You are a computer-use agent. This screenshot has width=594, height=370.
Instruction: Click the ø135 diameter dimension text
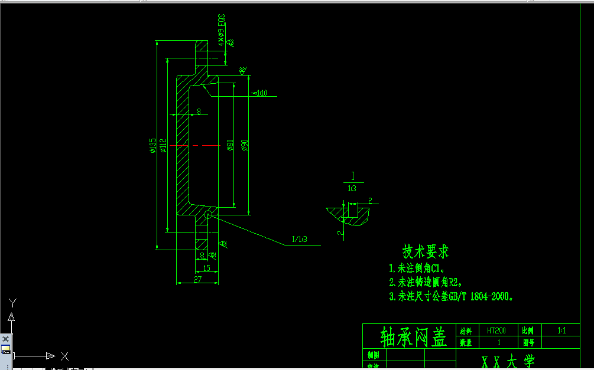point(153,146)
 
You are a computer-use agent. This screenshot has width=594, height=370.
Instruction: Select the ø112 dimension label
point(163,146)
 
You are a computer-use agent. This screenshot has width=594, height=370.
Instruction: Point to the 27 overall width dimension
point(197,279)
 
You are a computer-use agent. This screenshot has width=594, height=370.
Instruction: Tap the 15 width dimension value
point(206,268)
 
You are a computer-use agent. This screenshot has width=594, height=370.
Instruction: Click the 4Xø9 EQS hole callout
point(222,31)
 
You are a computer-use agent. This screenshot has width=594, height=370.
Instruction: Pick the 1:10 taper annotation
point(261,93)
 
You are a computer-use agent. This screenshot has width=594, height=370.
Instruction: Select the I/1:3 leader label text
point(300,240)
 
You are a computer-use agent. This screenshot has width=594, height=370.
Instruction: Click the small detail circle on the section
point(208,215)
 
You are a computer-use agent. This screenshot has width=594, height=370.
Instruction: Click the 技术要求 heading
point(426,251)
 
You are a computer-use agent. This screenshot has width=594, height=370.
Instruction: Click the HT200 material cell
point(496,331)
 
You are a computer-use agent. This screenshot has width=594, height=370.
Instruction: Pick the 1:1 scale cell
point(561,331)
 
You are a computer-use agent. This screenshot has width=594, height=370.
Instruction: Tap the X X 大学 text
point(508,362)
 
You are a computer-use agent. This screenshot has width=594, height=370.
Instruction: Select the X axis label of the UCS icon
point(65,356)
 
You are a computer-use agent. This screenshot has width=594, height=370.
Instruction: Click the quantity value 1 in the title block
point(499,342)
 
